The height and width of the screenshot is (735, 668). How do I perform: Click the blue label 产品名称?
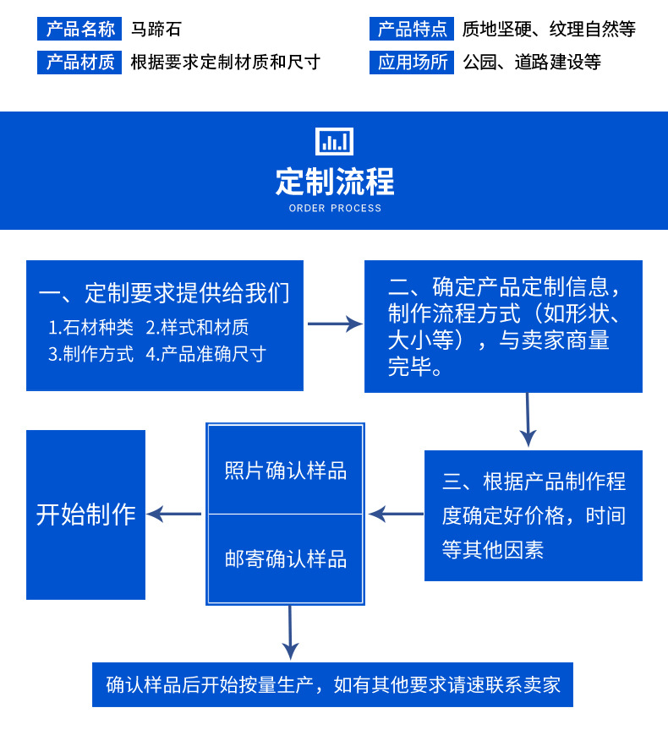pos(79,30)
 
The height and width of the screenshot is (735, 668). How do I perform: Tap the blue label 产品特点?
pos(412,30)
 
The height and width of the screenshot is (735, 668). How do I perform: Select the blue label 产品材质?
pos(79,63)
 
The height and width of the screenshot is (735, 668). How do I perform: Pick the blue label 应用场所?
pos(412,63)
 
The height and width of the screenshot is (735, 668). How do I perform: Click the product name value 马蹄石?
pos(156,30)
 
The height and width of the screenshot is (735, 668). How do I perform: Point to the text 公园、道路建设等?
pos(532,63)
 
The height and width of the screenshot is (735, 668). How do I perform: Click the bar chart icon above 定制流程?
pos(334,141)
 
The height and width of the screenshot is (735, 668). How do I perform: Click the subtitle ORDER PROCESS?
pos(335,208)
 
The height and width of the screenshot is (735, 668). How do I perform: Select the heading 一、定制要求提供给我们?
pos(164,293)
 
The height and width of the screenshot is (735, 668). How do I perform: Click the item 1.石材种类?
pos(90,327)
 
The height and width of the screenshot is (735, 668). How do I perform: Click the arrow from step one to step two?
pos(334,324)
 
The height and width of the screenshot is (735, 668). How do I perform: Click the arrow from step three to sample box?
pos(395,514)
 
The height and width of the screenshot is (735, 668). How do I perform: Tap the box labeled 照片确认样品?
pos(286,470)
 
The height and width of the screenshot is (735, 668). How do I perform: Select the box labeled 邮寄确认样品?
pos(286,559)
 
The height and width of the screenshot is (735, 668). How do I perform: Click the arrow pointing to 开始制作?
pos(174,514)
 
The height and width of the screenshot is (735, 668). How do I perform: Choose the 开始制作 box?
pos(85,514)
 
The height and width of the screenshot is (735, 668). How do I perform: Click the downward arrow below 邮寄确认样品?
pos(290,633)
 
